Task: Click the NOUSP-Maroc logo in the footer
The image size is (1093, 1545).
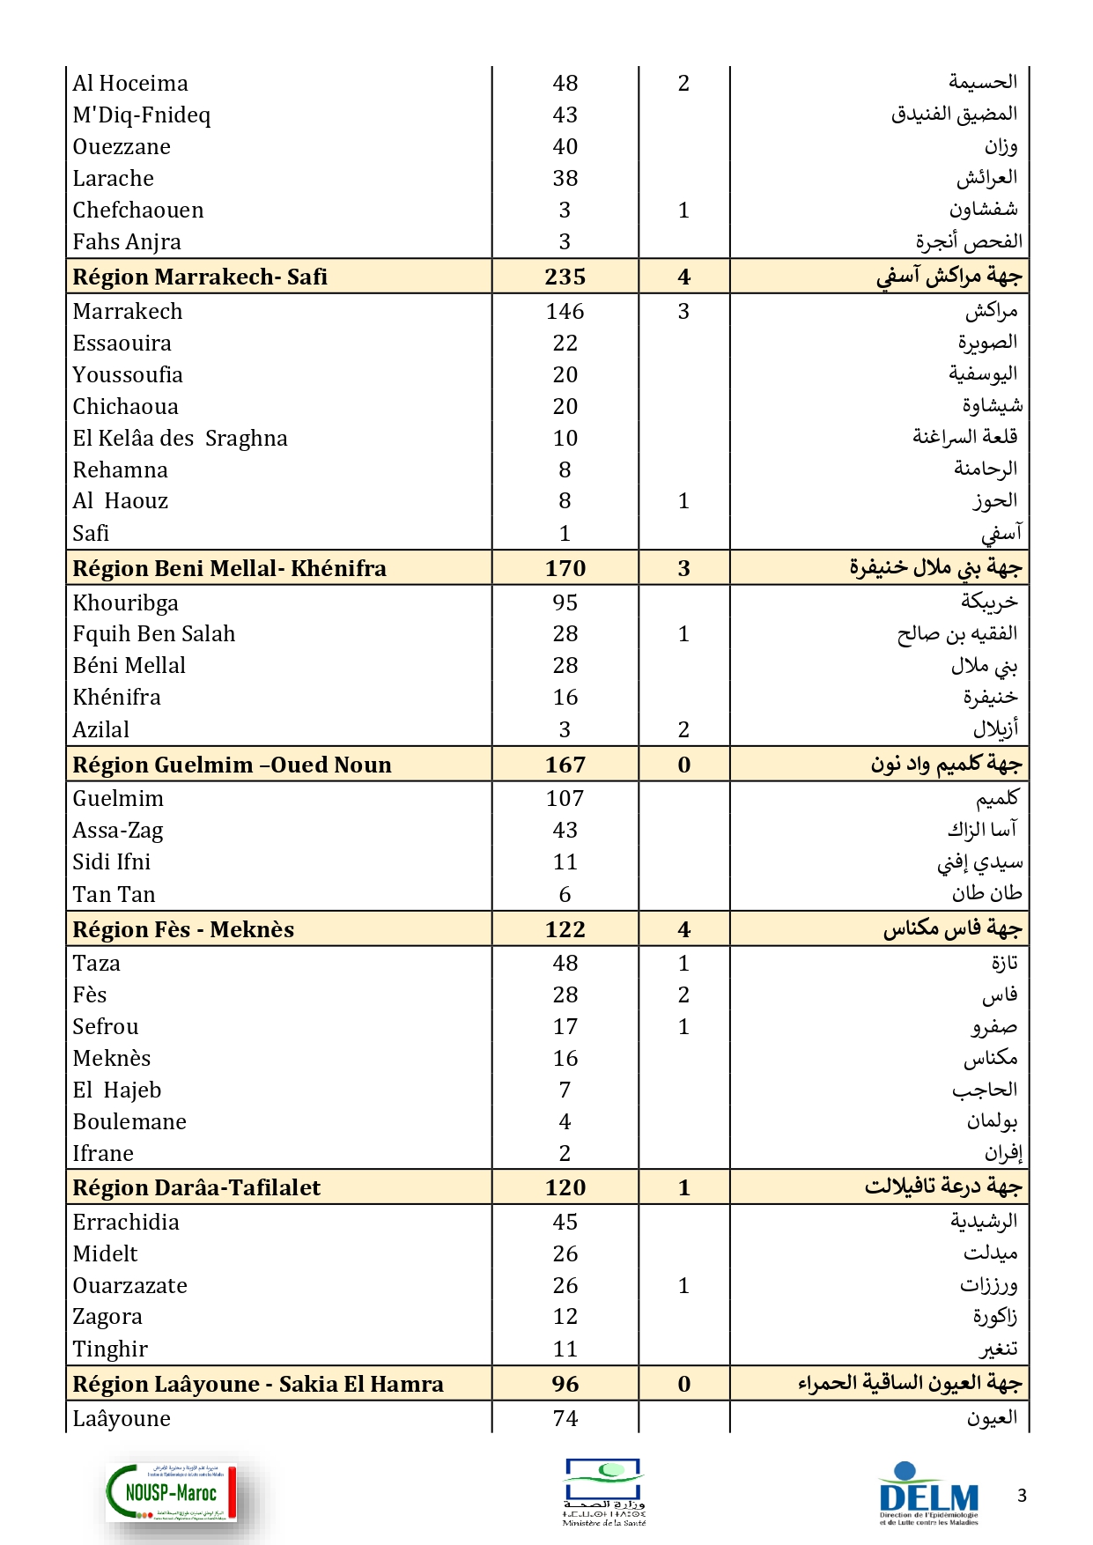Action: (172, 1492)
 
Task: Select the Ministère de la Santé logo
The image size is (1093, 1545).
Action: (604, 1492)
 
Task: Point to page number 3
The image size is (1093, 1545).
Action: (1022, 1495)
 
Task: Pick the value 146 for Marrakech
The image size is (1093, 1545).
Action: (565, 312)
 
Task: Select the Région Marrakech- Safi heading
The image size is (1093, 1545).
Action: (200, 277)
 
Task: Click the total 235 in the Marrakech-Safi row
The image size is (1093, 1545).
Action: (565, 277)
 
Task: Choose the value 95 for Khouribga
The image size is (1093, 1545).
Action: (565, 602)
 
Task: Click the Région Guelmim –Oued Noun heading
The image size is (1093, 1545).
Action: (232, 765)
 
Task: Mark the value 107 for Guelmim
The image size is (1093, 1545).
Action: (565, 799)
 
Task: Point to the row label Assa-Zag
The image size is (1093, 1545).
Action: (118, 831)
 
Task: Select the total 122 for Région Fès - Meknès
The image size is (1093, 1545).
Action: (565, 929)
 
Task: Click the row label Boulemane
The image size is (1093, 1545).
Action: (129, 1122)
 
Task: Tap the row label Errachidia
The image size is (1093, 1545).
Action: (126, 1223)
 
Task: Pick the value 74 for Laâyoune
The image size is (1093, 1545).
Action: (565, 1419)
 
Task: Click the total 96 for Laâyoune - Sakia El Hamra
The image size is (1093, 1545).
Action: (565, 1384)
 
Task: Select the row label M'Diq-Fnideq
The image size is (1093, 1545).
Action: (142, 115)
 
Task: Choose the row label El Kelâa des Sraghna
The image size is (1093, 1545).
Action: (180, 439)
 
